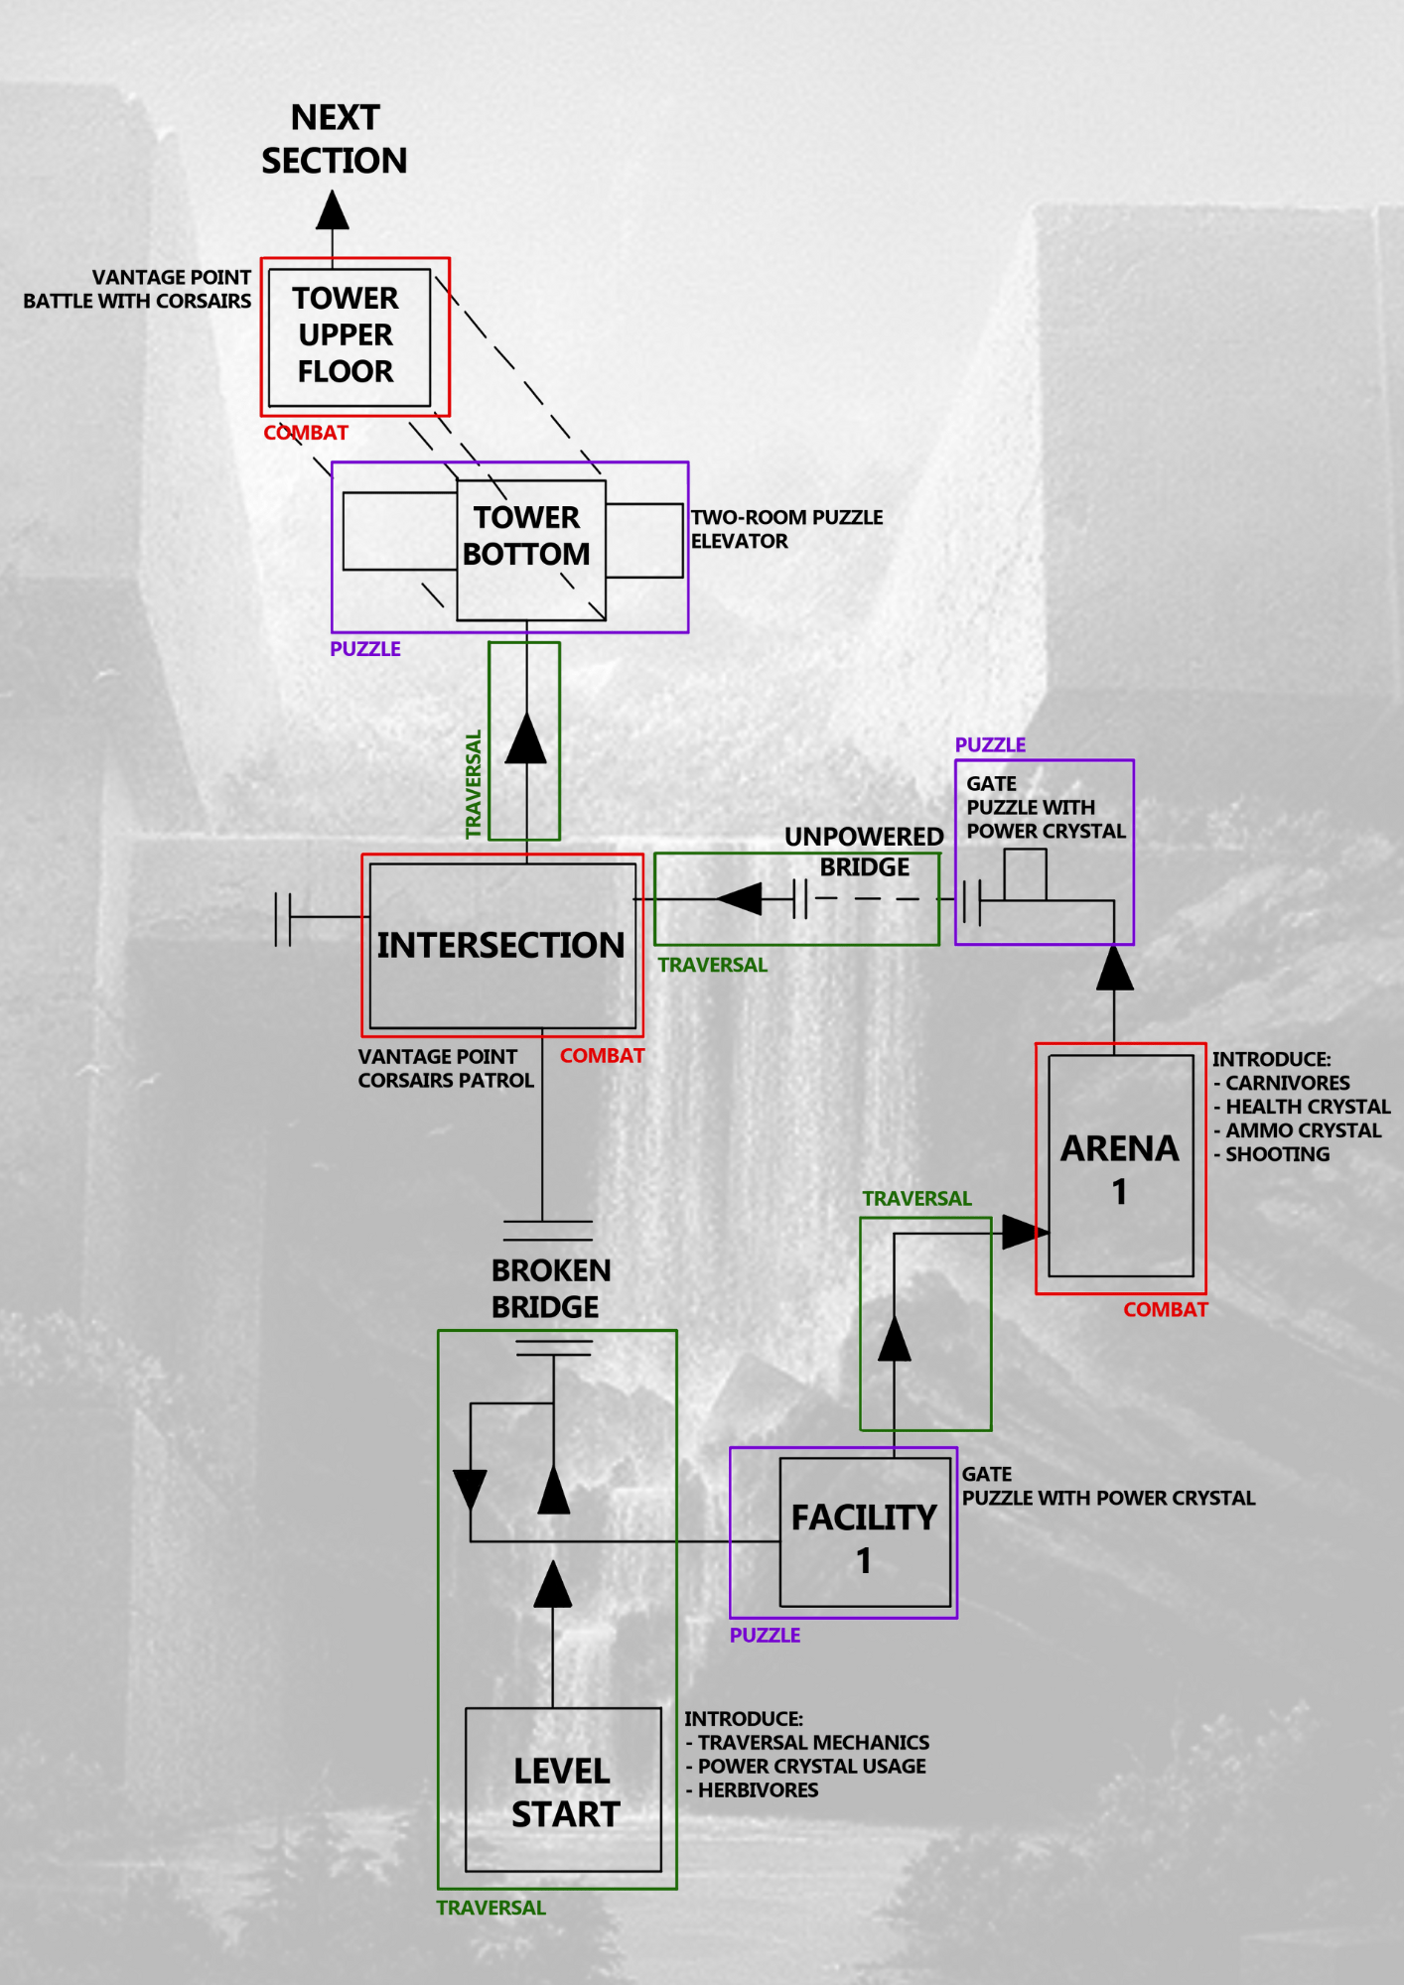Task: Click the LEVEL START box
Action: coord(563,1789)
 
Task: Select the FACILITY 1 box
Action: coord(865,1532)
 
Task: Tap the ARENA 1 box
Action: coord(1120,1165)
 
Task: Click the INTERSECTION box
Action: coord(501,945)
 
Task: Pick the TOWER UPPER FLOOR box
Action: coord(347,335)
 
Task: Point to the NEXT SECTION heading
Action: coord(335,139)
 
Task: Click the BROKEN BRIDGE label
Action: coord(549,1288)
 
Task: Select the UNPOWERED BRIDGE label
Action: coord(864,852)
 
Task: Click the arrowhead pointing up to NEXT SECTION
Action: coord(333,210)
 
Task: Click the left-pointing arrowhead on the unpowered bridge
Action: coord(740,899)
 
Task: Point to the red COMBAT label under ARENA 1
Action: coord(1166,1310)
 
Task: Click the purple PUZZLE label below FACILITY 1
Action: coord(765,1636)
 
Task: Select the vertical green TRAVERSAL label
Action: coord(474,784)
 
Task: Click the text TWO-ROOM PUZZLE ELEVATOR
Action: coord(785,529)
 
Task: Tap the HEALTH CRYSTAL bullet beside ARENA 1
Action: coord(1302,1107)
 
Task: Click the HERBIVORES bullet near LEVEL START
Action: coord(752,1790)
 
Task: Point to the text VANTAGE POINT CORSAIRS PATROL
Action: coord(445,1069)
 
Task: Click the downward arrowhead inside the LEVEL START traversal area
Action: coord(470,1489)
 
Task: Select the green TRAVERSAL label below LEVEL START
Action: coord(491,1908)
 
